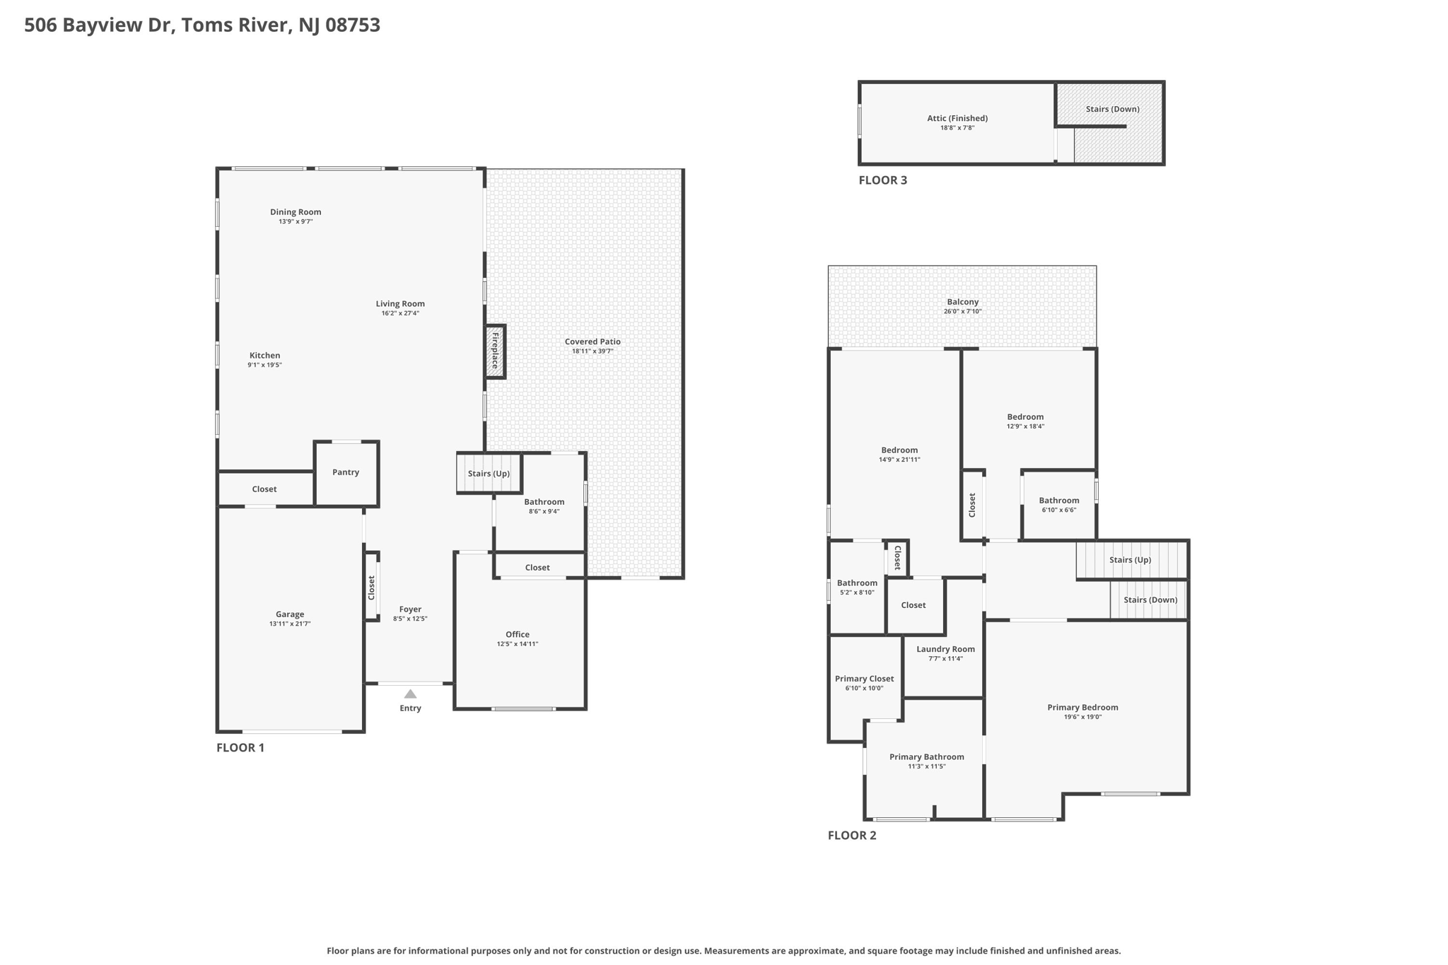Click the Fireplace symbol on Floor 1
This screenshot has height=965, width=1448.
495,351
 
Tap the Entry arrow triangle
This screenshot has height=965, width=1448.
410,694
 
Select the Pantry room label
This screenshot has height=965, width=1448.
346,472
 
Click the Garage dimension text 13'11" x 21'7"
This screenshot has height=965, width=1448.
290,624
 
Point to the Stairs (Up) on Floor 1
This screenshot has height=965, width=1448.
489,474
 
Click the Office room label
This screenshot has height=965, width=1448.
518,634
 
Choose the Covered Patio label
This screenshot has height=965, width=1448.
592,341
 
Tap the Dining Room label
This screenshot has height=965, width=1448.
296,212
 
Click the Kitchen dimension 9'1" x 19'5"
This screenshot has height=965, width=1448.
264,365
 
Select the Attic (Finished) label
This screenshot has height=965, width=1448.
957,118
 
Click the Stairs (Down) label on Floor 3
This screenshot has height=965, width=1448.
1112,109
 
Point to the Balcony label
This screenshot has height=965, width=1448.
962,302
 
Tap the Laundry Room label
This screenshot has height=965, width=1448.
945,649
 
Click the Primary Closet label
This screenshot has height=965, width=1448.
864,679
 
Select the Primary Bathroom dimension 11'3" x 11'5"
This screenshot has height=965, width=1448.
926,766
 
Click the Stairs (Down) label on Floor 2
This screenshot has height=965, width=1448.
1150,600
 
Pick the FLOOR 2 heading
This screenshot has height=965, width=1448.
852,835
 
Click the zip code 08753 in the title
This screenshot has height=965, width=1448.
353,25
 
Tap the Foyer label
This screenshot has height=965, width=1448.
410,609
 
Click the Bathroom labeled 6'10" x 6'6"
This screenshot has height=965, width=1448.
1058,501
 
